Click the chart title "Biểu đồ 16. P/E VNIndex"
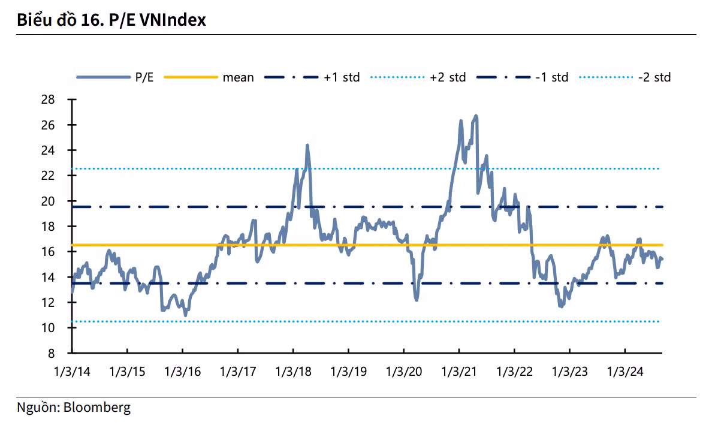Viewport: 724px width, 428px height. [x=111, y=20]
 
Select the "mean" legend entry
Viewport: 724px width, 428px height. [x=238, y=77]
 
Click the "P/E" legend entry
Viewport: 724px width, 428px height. [x=144, y=77]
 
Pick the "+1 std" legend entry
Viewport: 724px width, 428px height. [x=342, y=77]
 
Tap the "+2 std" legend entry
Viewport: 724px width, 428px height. [x=448, y=77]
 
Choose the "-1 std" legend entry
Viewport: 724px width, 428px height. [x=551, y=77]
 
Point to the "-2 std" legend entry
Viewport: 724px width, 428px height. [x=654, y=77]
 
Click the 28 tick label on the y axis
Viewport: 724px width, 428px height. [x=48, y=100]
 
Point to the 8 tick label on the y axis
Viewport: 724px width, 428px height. [x=52, y=353]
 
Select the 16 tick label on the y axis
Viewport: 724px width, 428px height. [x=48, y=252]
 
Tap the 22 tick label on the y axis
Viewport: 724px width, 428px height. [x=48, y=176]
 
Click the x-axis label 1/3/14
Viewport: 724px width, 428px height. [x=72, y=372]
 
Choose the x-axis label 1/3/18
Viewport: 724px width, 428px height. [x=293, y=372]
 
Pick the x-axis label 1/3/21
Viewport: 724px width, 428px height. [x=459, y=372]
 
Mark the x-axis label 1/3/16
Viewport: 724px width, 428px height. [x=183, y=372]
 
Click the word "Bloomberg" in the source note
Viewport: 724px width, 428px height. [x=96, y=408]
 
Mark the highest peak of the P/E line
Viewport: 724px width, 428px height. [x=476, y=115]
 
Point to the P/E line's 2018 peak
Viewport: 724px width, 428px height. [x=307, y=145]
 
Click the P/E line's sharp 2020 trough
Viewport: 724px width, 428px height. [x=416, y=299]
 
